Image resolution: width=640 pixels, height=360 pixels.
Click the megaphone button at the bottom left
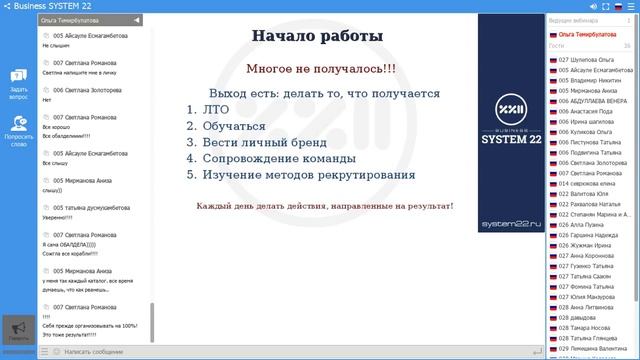[x=16, y=329]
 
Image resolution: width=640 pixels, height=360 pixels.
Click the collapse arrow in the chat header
[x=137, y=20]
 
